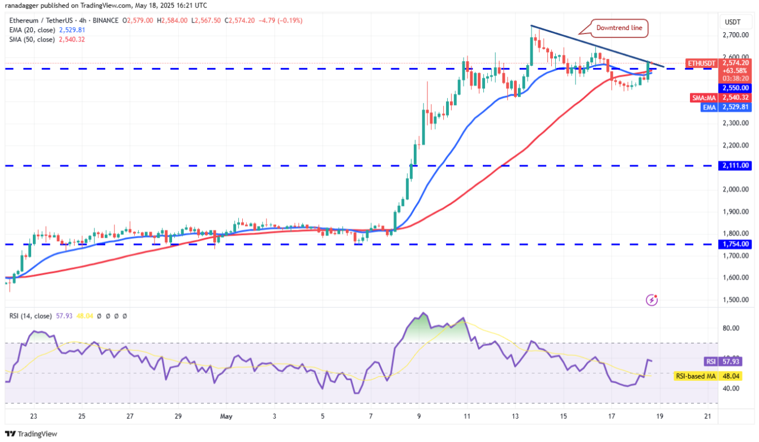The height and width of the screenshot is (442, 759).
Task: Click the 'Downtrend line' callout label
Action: coord(620,28)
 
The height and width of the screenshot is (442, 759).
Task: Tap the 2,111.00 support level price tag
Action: coord(735,165)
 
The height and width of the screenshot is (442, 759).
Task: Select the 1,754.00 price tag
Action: coord(735,244)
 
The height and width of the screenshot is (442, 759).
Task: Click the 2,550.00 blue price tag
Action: coord(735,88)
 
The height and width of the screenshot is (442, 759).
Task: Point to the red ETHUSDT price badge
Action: coord(702,63)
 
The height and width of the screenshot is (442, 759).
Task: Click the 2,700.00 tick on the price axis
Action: coord(735,35)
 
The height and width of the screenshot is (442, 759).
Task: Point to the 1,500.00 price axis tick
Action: coord(735,299)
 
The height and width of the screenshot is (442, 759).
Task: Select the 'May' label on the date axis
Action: coord(226,417)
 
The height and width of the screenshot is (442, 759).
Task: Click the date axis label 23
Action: coord(34,417)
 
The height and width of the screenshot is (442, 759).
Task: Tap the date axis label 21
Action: coord(707,417)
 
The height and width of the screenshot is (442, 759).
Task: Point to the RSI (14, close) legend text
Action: coord(31,316)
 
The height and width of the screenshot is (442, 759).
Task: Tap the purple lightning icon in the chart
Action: coord(652,299)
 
